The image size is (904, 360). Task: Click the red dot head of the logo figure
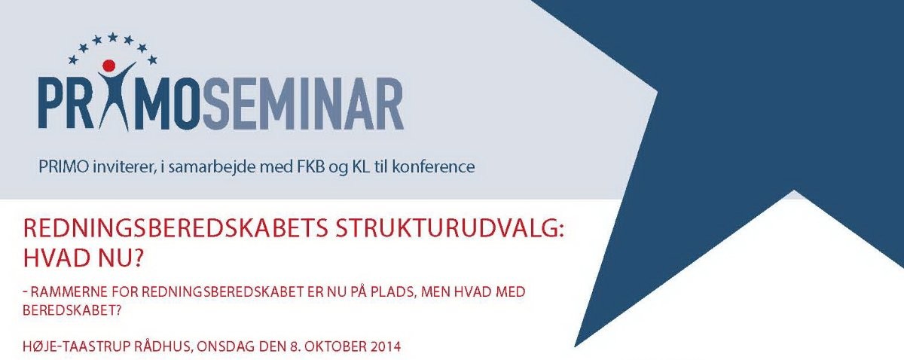point(109,66)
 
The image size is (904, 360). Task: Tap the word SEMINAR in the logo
point(303,104)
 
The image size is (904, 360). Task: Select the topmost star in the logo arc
point(112,38)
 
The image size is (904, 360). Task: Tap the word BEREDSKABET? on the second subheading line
point(72,311)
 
